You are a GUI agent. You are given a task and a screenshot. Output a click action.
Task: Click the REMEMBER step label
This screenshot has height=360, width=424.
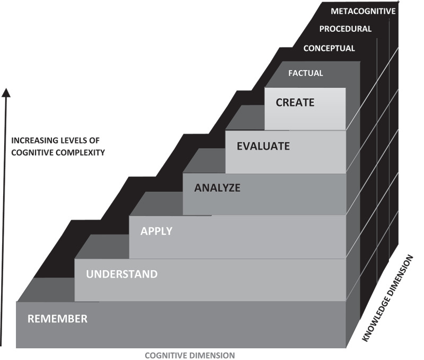(57, 319)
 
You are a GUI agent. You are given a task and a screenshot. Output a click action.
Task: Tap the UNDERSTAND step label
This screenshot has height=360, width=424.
(122, 274)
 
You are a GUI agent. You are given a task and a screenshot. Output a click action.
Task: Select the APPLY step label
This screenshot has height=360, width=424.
(156, 231)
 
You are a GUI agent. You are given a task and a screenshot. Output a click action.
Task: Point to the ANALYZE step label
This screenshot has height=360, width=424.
(217, 187)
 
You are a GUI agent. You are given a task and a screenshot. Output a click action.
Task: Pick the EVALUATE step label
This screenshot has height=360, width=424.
(263, 146)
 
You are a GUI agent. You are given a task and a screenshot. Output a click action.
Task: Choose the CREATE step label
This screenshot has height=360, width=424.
(295, 103)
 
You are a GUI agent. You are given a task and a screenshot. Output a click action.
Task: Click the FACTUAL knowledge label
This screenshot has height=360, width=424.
(305, 73)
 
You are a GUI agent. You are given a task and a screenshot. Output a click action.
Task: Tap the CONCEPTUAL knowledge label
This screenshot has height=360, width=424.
(329, 49)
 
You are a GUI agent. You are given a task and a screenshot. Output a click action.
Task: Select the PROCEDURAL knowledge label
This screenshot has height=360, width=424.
(345, 29)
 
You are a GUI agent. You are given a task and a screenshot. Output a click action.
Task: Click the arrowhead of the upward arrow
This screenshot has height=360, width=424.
(6, 94)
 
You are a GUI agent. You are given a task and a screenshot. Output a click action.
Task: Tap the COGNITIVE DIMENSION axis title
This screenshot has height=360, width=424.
(190, 355)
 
